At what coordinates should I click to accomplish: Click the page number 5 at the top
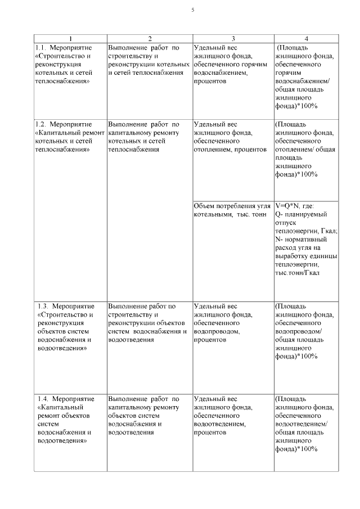click(x=192, y=10)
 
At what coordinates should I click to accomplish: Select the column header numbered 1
click(x=70, y=39)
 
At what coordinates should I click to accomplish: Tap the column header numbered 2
click(x=150, y=39)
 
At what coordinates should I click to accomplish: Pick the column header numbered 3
click(x=233, y=39)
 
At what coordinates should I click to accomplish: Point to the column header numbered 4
click(x=306, y=39)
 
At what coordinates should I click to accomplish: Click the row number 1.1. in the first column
click(x=41, y=47)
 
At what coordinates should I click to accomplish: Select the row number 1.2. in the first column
click(x=41, y=124)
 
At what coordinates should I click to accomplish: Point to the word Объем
click(x=204, y=205)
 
